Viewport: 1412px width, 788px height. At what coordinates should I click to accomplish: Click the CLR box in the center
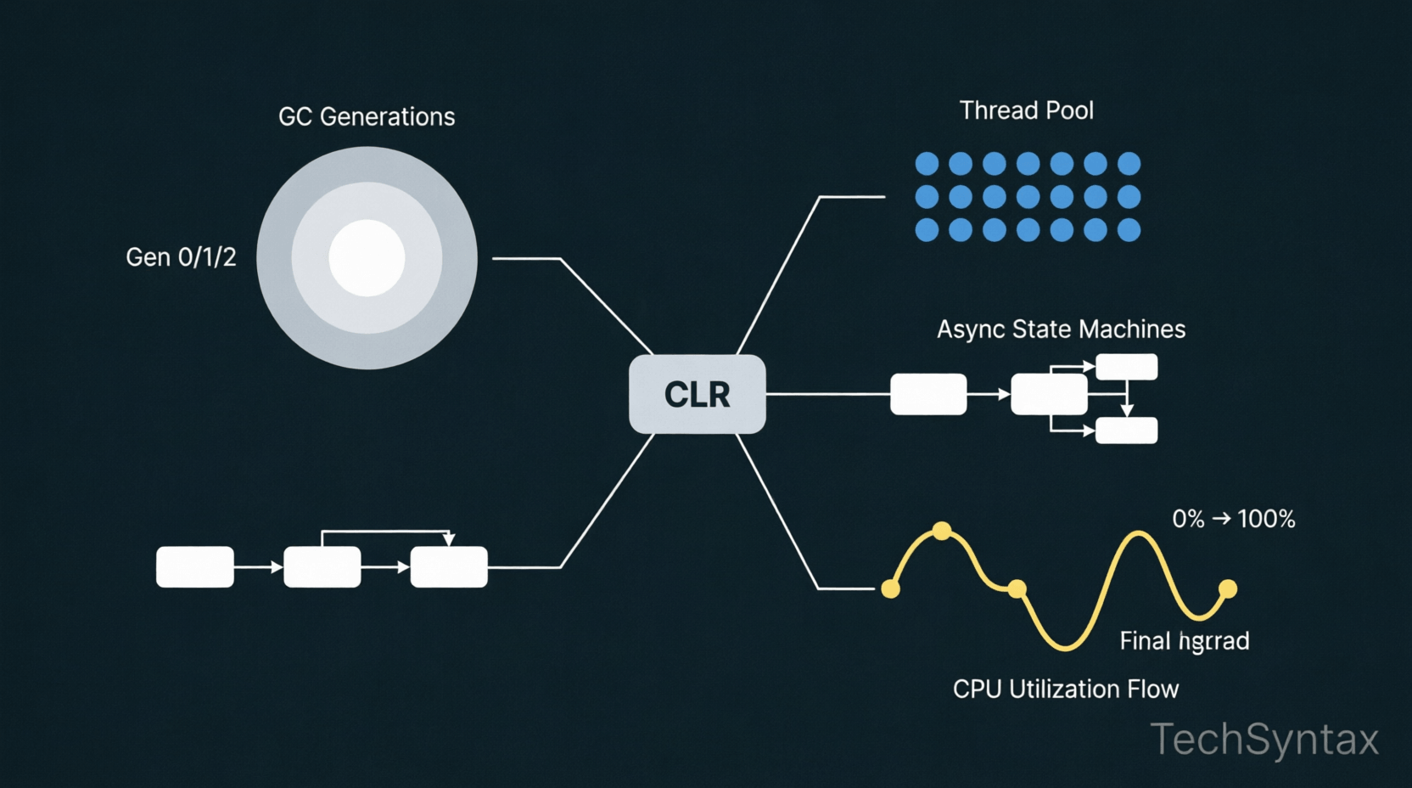697,395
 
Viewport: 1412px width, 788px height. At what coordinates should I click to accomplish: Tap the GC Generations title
367,116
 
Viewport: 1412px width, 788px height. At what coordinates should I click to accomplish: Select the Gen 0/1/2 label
181,257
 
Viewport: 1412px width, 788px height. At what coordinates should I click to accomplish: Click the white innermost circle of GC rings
367,258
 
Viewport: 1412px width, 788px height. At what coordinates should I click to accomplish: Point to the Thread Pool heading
1026,110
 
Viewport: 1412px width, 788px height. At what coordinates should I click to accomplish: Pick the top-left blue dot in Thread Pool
927,163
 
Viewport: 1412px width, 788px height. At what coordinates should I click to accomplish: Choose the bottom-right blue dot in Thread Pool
1129,230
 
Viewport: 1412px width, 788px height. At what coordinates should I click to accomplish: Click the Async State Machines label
1061,329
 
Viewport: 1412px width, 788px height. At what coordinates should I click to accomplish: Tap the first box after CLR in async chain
928,394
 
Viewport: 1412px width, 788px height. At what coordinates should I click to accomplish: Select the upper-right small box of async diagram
1126,367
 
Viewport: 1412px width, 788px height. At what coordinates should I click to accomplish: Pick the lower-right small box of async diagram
1126,431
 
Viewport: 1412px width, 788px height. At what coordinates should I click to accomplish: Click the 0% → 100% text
1233,519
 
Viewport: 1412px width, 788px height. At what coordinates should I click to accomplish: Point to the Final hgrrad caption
1184,641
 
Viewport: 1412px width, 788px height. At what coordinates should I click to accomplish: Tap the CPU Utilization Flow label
1065,689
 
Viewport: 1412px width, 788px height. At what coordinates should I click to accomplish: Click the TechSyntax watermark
1264,739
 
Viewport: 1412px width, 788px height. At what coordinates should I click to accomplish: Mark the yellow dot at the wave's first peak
942,532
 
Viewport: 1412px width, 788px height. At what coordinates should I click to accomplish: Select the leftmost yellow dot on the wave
890,588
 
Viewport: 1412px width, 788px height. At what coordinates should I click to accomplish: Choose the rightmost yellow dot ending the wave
1228,588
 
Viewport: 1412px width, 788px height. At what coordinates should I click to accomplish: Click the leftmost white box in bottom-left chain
195,567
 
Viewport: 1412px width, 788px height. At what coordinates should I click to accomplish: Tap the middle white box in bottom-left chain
322,567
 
